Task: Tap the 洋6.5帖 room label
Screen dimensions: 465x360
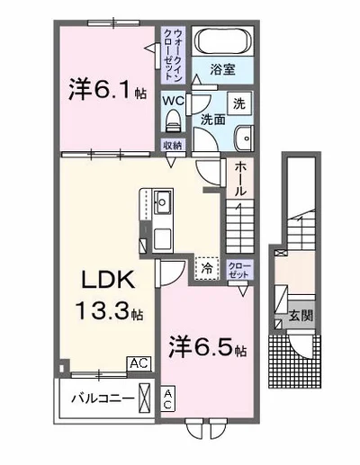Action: point(206,345)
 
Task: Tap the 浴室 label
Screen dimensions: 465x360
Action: point(223,68)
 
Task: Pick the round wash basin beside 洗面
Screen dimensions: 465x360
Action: point(243,136)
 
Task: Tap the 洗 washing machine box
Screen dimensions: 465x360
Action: point(239,102)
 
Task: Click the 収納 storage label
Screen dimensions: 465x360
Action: point(173,145)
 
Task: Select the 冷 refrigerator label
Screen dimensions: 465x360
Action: point(205,266)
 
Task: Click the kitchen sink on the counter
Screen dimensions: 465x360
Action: point(162,201)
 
